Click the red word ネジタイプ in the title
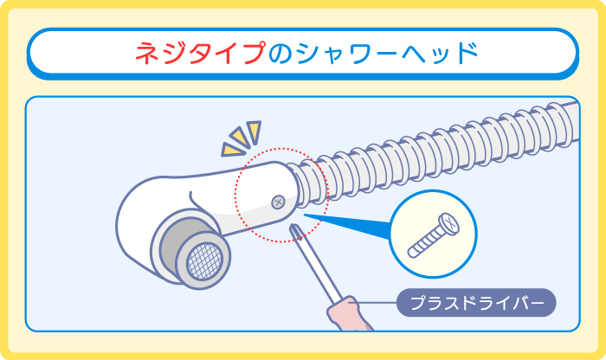click(x=199, y=53)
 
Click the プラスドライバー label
click(x=475, y=303)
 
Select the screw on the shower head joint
click(x=279, y=202)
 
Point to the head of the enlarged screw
click(x=451, y=223)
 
